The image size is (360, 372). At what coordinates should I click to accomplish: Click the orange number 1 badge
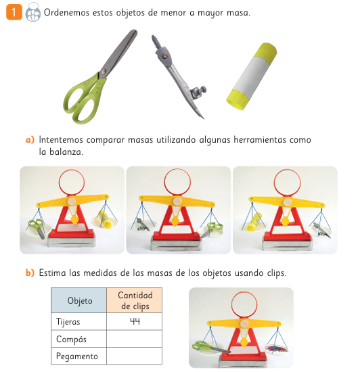(x=14, y=12)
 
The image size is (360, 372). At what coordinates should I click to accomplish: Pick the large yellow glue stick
(x=252, y=76)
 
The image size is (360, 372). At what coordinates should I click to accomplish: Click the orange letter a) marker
(x=30, y=140)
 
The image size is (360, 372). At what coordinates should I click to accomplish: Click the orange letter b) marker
(x=30, y=273)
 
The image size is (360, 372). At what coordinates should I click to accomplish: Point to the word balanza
(x=66, y=152)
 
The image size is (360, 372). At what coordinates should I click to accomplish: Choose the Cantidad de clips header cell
(x=134, y=300)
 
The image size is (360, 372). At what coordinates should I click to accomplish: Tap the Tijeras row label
(x=68, y=322)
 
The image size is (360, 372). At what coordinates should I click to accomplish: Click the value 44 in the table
(x=135, y=321)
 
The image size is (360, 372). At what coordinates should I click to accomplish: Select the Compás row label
(x=71, y=340)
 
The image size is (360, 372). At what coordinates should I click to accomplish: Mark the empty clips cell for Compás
(x=134, y=339)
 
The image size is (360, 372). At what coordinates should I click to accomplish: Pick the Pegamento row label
(x=77, y=356)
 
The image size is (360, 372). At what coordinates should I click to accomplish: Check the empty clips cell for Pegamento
(x=134, y=356)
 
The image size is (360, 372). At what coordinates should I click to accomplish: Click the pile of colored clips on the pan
(x=277, y=348)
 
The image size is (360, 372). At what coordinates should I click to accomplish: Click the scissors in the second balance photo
(x=212, y=229)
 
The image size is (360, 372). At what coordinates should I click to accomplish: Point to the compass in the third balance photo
(x=321, y=230)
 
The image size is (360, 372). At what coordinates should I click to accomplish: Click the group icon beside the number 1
(x=32, y=12)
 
